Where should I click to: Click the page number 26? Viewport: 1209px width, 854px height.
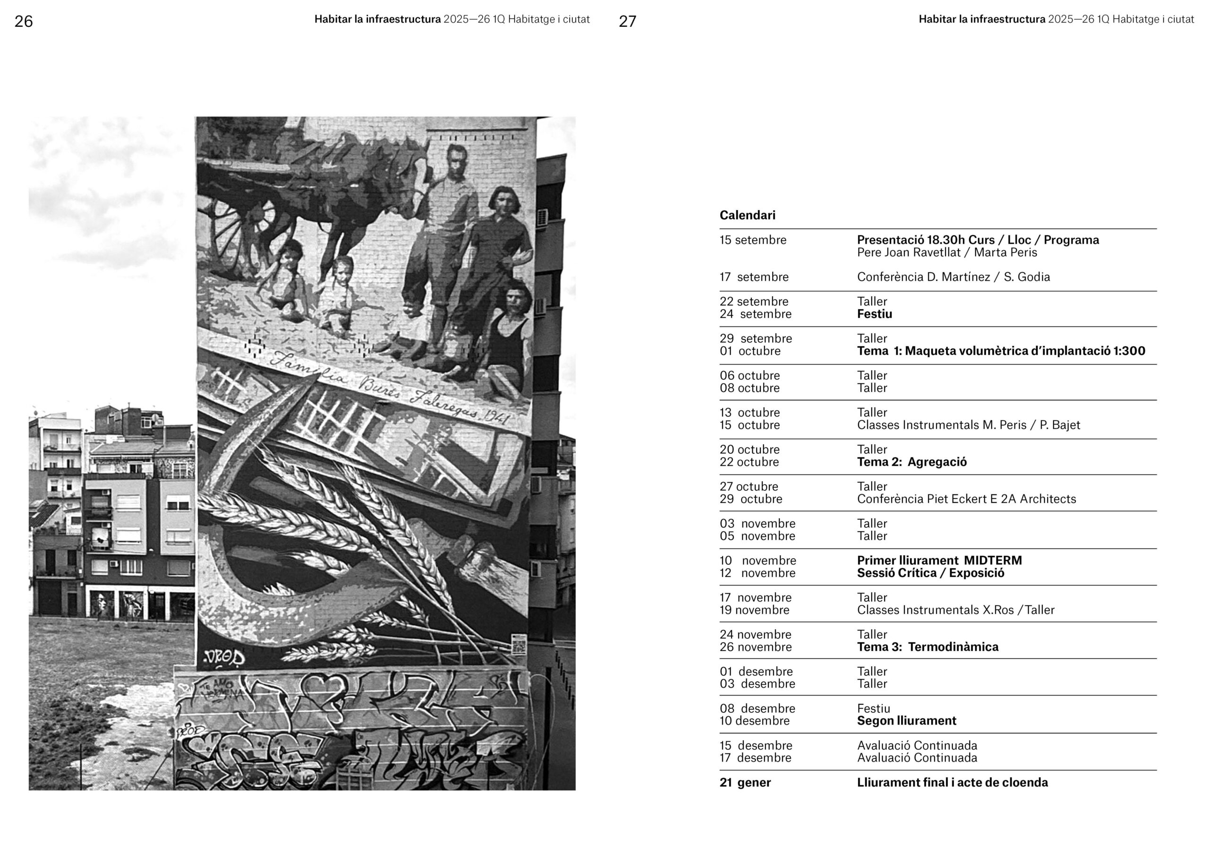point(24,22)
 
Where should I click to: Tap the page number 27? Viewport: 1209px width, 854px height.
point(627,22)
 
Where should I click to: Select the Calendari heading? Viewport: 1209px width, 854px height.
point(747,215)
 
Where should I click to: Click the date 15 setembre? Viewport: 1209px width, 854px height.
point(752,240)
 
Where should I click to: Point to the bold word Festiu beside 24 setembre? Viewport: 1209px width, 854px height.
point(874,314)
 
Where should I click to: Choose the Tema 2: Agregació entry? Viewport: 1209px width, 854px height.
point(911,462)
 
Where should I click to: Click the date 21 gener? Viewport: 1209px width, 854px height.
point(745,782)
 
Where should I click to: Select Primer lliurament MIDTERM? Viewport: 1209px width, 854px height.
point(939,561)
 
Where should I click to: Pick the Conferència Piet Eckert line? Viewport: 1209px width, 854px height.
point(966,499)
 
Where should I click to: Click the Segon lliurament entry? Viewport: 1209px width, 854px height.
point(906,721)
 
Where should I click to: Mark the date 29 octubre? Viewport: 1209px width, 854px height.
point(750,499)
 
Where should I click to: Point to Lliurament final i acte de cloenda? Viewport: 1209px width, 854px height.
point(952,782)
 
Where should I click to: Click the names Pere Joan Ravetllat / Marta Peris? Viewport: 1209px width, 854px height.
point(947,252)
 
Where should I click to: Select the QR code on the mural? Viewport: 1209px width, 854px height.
point(518,644)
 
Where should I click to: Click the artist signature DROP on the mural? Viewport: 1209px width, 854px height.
point(224,658)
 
